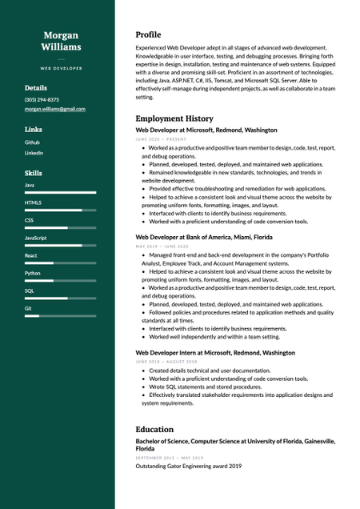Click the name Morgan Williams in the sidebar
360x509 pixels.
pos(61,41)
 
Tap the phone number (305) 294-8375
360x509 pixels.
pos(42,99)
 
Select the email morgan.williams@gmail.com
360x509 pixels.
pos(54,109)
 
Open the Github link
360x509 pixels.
pos(32,142)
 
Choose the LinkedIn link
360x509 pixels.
pos(34,152)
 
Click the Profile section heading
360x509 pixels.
pos(148,35)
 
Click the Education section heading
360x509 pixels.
pos(154,429)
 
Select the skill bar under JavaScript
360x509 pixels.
pos(60,245)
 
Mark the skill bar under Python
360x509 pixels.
pos(60,280)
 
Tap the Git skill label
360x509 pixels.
pos(28,307)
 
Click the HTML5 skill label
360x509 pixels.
pos(33,202)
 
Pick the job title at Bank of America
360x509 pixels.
pos(204,238)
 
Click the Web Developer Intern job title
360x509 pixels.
pos(215,352)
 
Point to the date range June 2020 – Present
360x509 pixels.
pos(161,139)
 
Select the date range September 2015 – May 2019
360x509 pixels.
pos(169,458)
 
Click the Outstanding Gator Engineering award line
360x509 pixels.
pos(188,466)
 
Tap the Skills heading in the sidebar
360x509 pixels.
pos(34,173)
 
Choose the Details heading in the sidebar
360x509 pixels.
pos(36,88)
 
